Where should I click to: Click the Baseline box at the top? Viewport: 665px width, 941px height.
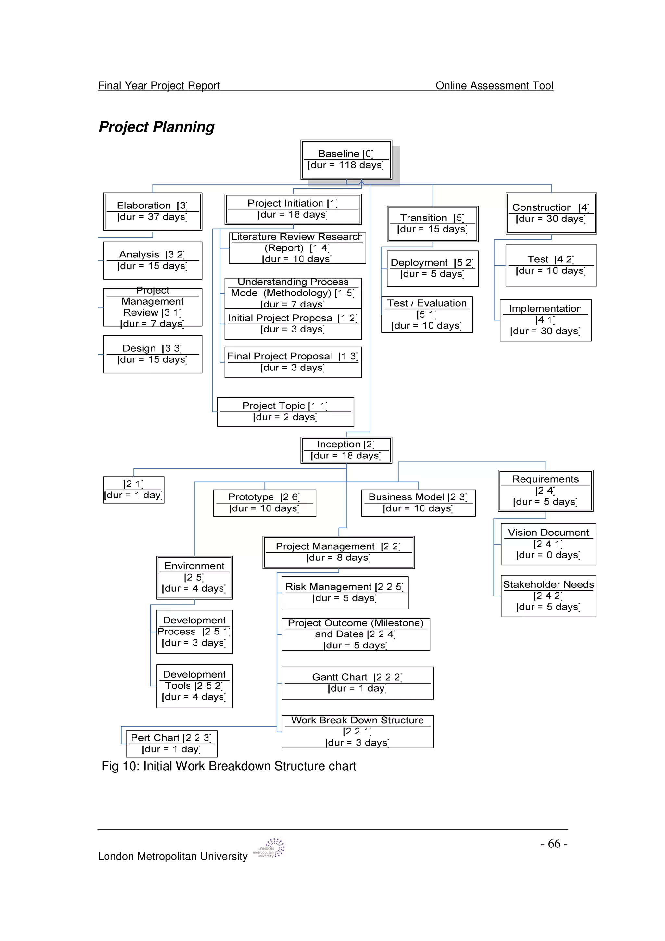coord(346,159)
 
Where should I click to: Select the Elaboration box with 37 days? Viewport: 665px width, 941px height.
coord(152,211)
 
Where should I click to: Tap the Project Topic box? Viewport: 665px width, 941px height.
coord(285,411)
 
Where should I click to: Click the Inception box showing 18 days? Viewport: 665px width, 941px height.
coord(346,450)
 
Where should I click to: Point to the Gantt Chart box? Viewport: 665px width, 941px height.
coord(357,683)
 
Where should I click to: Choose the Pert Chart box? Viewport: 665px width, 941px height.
coord(171,744)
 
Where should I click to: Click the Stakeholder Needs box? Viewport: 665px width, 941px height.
coord(548,596)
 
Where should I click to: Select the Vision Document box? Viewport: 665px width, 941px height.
coord(548,544)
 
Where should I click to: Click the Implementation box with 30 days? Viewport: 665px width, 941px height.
coord(546,320)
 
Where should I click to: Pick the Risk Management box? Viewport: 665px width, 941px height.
coord(345,593)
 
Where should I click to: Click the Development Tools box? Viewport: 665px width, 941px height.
coord(194,686)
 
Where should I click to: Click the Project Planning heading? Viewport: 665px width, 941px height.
coord(157,127)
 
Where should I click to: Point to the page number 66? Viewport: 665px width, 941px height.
coord(554,844)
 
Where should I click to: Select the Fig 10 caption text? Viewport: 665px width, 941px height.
coord(229,766)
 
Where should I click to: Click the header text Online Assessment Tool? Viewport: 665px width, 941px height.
coord(494,86)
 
